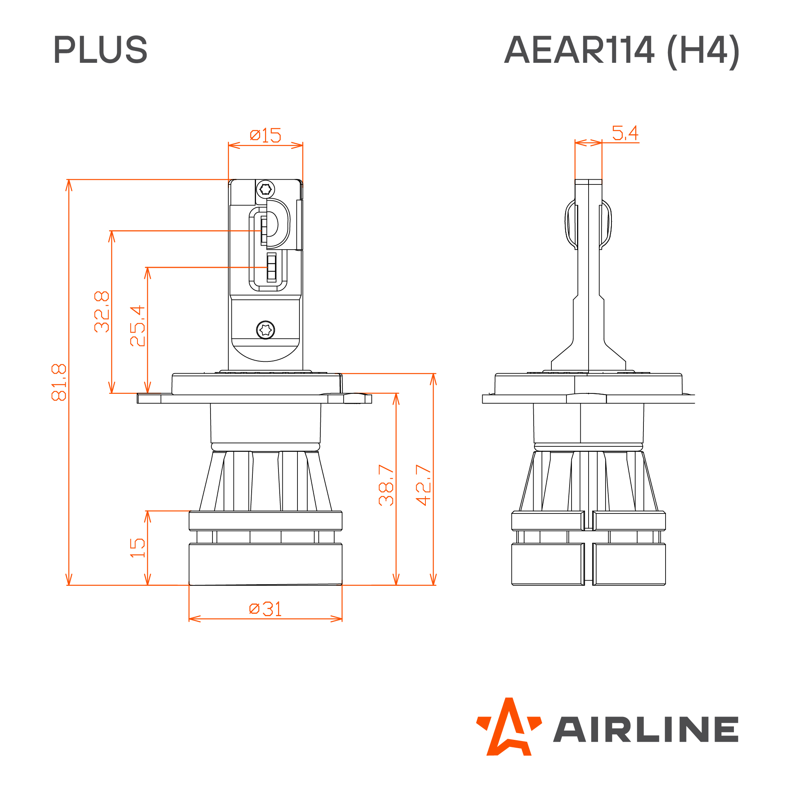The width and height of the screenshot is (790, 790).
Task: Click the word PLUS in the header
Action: click(x=100, y=49)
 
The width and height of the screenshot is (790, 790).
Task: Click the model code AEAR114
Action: click(x=579, y=49)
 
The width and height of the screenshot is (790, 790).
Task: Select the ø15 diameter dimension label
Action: click(x=265, y=135)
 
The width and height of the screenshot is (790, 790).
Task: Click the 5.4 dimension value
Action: click(x=625, y=133)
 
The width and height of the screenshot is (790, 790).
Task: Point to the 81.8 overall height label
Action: click(x=59, y=382)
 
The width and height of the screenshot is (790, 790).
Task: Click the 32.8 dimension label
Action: click(x=102, y=312)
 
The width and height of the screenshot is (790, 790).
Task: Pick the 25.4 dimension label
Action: click(x=137, y=326)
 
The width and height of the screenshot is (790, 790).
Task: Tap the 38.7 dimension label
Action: click(x=386, y=485)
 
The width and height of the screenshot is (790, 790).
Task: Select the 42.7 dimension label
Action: click(x=423, y=485)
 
